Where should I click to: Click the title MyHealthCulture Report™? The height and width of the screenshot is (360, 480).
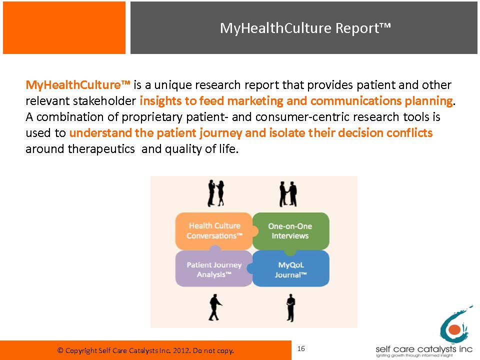(x=305, y=28)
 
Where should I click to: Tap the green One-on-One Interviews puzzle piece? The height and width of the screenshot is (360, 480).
(x=290, y=231)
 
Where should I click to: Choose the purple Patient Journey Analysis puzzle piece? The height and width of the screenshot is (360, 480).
(x=213, y=268)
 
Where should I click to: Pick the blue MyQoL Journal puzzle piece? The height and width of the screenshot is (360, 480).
(x=289, y=269)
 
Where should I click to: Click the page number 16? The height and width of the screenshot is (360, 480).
(x=301, y=348)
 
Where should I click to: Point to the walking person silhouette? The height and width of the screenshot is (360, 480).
(x=215, y=307)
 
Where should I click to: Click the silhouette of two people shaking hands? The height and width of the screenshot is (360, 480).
(x=288, y=194)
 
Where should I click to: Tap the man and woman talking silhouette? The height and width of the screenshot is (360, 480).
(x=216, y=193)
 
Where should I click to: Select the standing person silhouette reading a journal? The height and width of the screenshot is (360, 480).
(x=291, y=308)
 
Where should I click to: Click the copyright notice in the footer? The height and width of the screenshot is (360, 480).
(x=145, y=350)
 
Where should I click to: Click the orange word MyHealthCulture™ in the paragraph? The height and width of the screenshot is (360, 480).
(x=78, y=85)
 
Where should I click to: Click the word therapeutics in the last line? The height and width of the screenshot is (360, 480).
(x=101, y=149)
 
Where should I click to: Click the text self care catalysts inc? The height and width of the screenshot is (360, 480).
(x=424, y=349)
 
